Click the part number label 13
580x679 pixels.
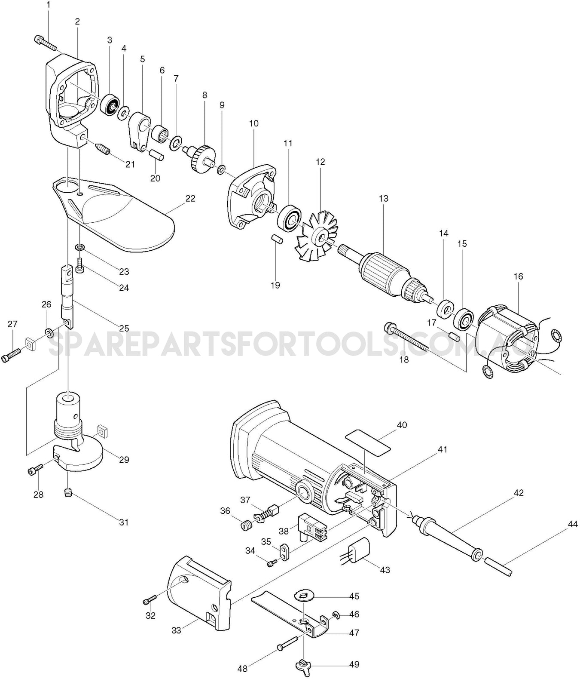click(383, 198)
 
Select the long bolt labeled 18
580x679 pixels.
click(406, 335)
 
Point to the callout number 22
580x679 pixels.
click(190, 198)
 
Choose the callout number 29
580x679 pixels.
click(124, 460)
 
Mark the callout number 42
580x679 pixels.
click(519, 492)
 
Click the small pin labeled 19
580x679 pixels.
click(276, 239)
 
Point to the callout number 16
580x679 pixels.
click(518, 276)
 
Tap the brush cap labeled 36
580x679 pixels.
click(245, 525)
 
